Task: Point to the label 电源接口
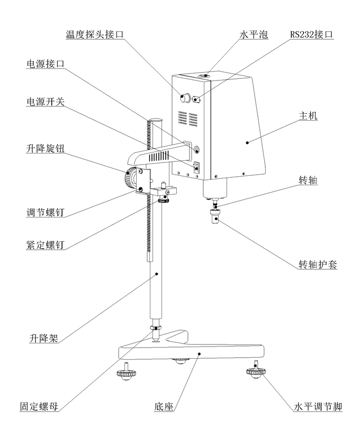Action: [x=46, y=64]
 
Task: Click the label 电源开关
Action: [x=46, y=101]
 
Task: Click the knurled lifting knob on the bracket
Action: [x=129, y=177]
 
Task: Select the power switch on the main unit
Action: [x=197, y=167]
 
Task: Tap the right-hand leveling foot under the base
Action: [x=255, y=372]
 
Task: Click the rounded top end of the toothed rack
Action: [x=155, y=121]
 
